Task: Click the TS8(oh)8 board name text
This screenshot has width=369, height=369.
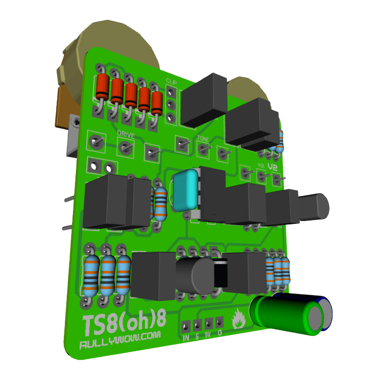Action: tap(124, 321)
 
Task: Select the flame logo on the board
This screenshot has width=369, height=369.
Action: tap(238, 319)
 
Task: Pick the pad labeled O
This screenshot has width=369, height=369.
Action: tap(220, 321)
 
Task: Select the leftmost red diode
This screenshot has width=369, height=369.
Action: tap(102, 88)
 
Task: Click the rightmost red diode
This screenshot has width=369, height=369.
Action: tap(157, 103)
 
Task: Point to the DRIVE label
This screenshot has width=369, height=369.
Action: tap(125, 133)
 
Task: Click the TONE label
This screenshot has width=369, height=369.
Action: tap(202, 139)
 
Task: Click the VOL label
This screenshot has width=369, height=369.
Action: tap(261, 166)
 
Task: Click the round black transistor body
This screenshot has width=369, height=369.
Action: tap(195, 276)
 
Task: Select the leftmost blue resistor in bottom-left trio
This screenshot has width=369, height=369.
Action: tap(91, 276)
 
